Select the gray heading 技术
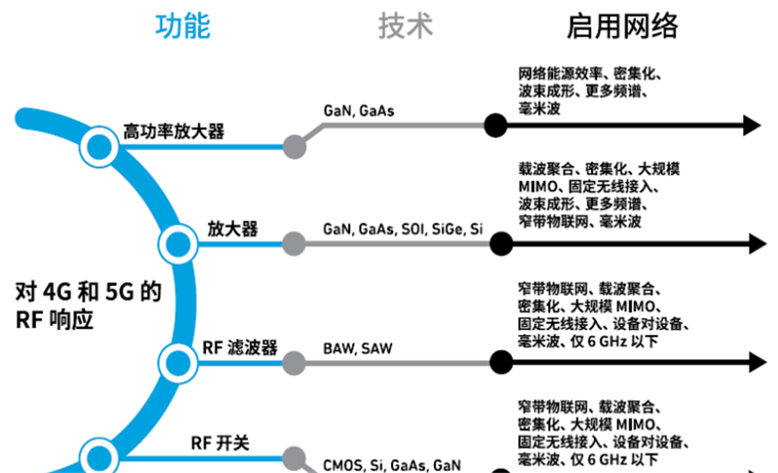tap(406, 26)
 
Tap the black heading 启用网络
tap(622, 26)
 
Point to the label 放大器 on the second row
tap(232, 229)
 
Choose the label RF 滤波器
tap(240, 347)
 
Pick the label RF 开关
tap(220, 443)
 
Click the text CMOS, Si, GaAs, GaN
tap(392, 465)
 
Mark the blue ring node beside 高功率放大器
tap(97, 147)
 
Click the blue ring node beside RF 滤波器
tap(176, 362)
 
